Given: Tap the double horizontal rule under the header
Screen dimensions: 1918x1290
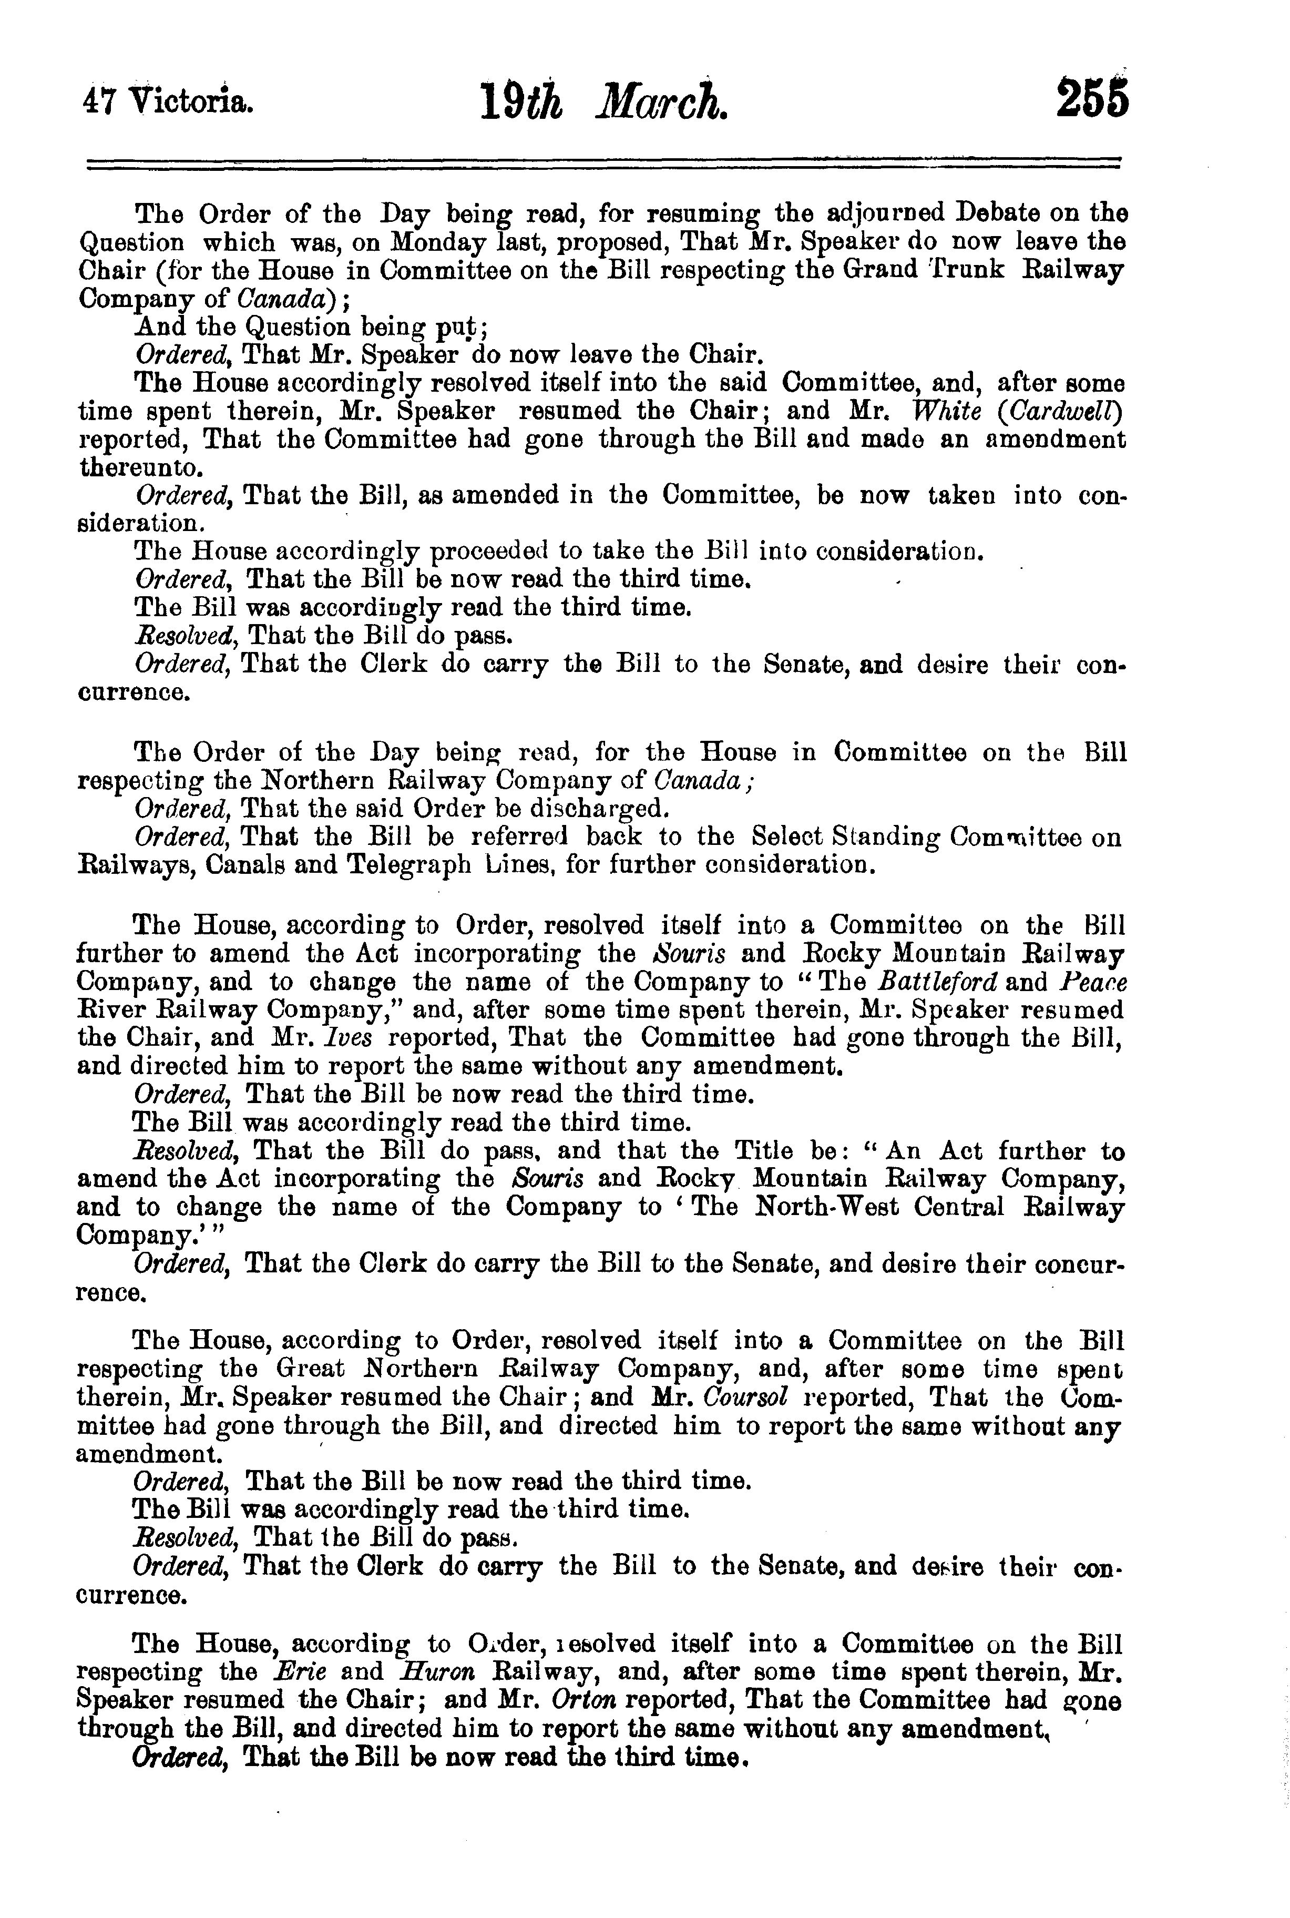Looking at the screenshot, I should pos(604,163).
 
